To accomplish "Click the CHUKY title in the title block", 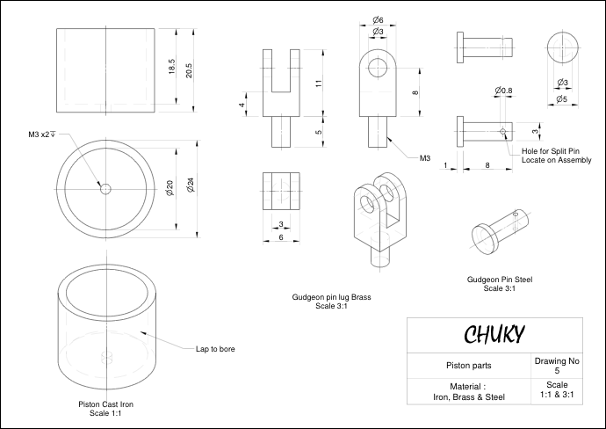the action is click(494, 334).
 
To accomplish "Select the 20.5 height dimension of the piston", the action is click(189, 70).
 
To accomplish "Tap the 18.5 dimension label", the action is click(172, 66).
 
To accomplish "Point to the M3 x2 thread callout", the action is click(42, 135).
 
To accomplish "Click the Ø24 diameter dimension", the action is click(191, 185).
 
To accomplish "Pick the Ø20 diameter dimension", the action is click(170, 187).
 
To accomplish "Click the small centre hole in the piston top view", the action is click(105, 189).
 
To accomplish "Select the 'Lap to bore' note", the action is click(215, 349).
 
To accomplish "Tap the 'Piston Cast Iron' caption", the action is click(106, 404).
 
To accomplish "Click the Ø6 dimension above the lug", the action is click(378, 19).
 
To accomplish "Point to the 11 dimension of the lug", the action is click(319, 84).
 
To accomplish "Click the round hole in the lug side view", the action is click(378, 68).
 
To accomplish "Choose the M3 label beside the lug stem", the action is click(425, 158).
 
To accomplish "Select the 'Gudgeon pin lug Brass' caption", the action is click(332, 297).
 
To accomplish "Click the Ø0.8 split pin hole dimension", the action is click(503, 91).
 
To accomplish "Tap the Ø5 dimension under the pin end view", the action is click(562, 99).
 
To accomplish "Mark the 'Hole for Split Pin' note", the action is click(551, 151).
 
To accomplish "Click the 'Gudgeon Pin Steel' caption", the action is click(500, 280).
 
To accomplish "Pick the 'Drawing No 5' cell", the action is click(557, 366).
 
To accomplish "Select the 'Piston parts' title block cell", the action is click(469, 366).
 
